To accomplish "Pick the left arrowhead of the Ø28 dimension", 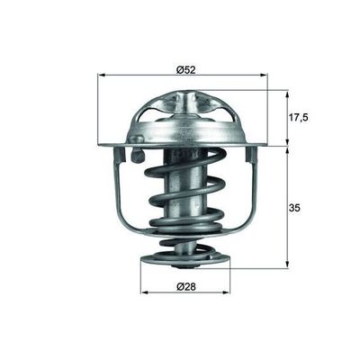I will coord(144,292).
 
